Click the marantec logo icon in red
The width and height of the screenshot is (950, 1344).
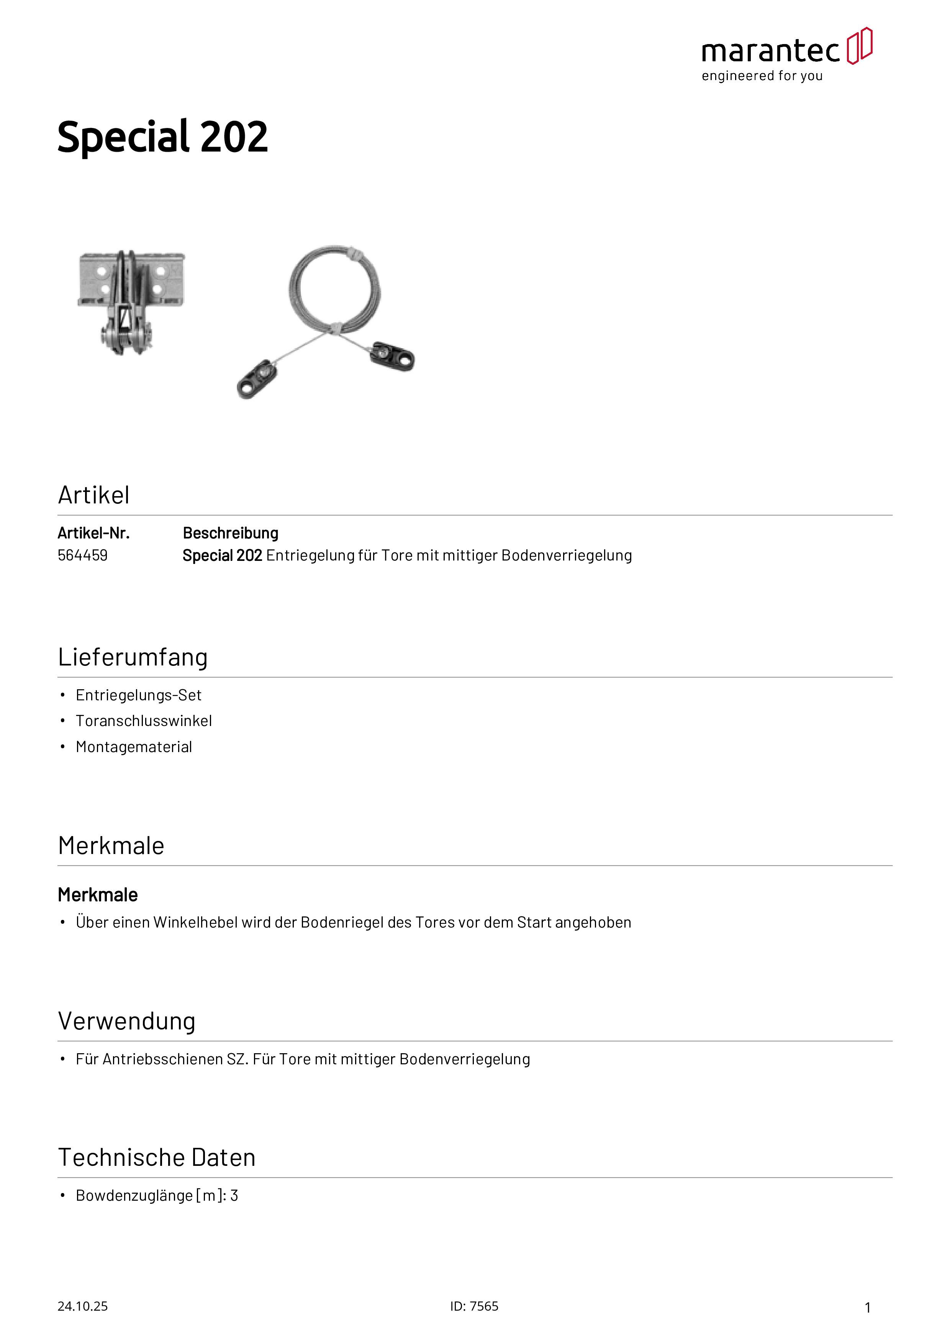(859, 46)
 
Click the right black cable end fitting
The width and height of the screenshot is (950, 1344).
(392, 356)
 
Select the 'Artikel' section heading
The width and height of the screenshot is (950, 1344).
(93, 495)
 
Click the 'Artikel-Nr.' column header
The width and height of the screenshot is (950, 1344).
(93, 533)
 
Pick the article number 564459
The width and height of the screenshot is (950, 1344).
(82, 556)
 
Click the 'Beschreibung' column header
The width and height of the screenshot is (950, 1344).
(230, 533)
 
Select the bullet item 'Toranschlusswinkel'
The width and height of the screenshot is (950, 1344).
(143, 721)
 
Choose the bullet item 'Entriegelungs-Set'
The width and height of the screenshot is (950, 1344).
(138, 695)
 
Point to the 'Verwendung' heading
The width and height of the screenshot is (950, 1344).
(126, 1021)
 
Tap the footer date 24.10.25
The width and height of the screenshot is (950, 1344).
(82, 1306)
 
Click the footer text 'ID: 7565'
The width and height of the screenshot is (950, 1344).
(474, 1306)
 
